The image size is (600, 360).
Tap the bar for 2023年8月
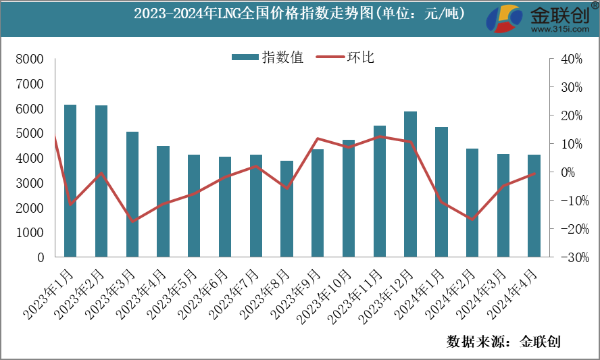(287, 209)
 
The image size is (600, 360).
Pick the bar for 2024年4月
(534, 206)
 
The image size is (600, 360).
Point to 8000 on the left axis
(30, 59)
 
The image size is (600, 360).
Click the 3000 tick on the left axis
(30, 183)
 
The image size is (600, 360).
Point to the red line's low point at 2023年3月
(132, 221)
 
